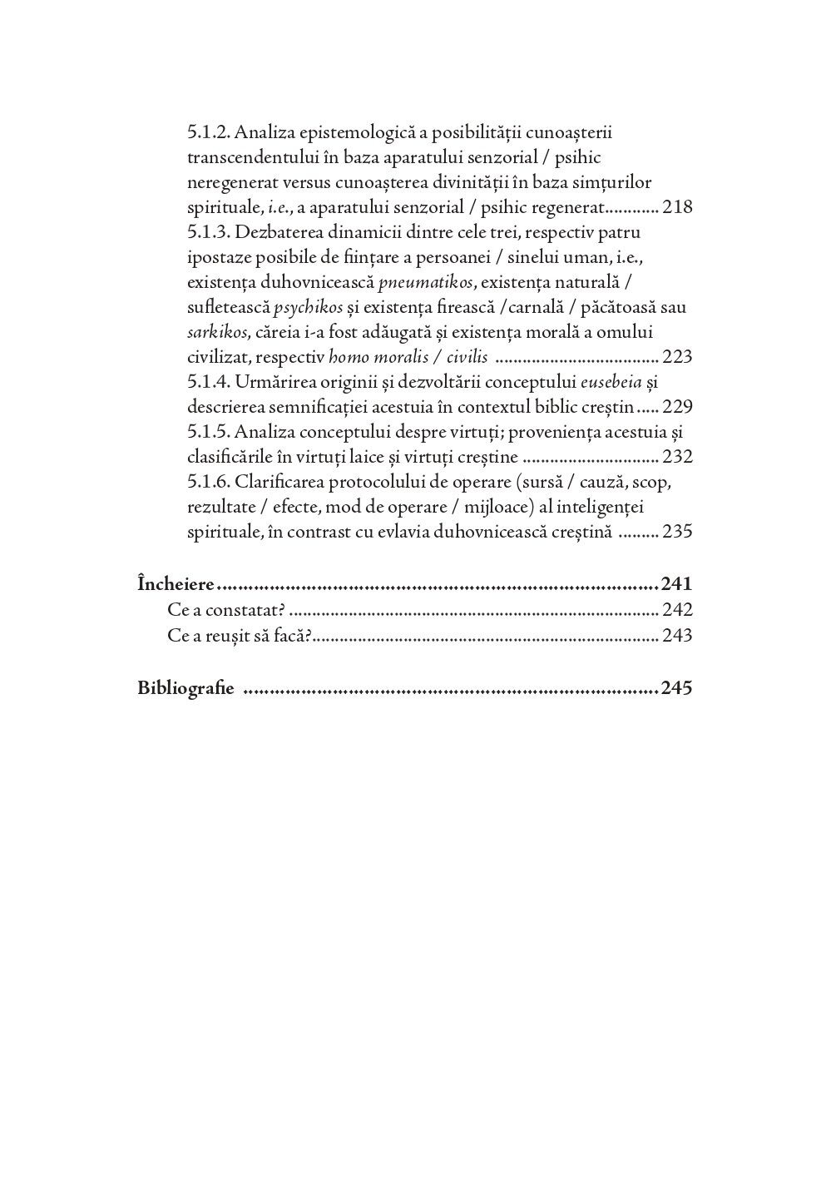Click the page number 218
(x=677, y=207)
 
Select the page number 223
(x=677, y=357)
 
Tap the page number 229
(x=677, y=407)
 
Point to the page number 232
(x=677, y=457)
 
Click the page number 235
(x=677, y=532)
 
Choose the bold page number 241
(x=676, y=583)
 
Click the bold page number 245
(x=676, y=688)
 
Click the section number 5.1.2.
(x=209, y=132)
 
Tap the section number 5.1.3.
(x=209, y=232)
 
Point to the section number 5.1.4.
(x=209, y=382)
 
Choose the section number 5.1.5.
(x=209, y=432)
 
